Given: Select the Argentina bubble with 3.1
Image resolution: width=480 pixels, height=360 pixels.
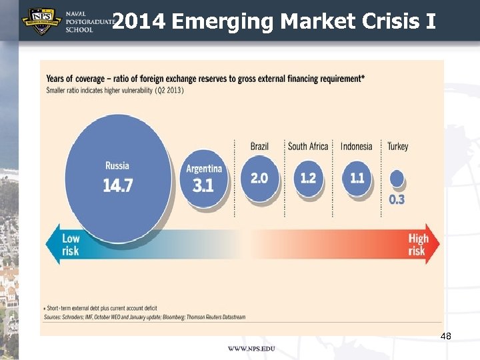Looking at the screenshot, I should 203,178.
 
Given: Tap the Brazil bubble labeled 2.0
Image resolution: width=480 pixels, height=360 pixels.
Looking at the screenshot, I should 259,178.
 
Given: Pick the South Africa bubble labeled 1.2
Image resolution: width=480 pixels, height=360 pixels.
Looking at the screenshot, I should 308,178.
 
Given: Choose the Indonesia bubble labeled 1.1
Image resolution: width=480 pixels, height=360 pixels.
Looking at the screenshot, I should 357,178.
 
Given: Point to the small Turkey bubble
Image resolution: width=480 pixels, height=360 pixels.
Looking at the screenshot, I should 397,178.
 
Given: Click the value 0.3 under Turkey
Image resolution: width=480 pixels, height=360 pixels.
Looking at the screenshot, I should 397,199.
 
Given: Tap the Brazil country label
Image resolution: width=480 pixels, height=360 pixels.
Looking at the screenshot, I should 259,146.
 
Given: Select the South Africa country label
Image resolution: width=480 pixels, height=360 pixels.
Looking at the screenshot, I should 308,146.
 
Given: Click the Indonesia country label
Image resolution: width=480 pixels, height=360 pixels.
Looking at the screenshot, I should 356,146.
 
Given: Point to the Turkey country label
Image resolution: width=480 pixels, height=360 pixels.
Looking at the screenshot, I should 397,146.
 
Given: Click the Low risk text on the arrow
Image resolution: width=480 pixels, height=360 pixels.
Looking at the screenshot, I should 71,245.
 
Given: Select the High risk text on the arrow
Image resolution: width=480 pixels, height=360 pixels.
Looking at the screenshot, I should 418,245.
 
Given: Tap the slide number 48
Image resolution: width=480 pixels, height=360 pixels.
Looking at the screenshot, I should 446,337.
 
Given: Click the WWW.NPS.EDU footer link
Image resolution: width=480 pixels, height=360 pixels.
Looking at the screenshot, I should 251,349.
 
